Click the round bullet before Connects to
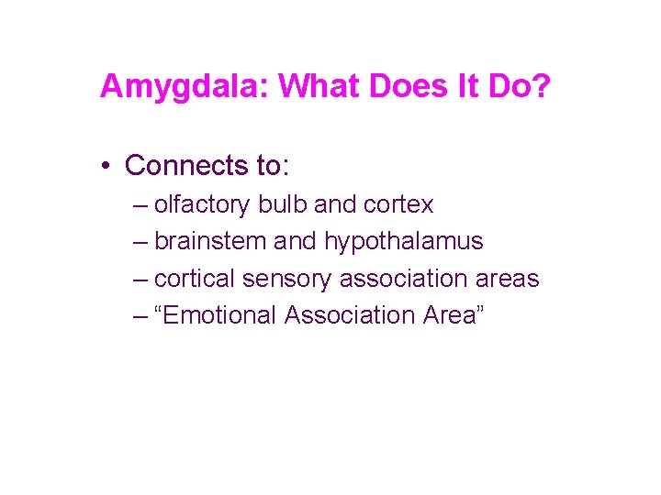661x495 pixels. (107, 166)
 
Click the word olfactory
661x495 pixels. (202, 204)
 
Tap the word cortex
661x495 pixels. (398, 204)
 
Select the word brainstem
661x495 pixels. (212, 241)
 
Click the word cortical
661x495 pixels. (196, 278)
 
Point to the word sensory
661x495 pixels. (287, 279)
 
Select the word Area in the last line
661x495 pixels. (454, 315)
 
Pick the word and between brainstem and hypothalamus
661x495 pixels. (296, 241)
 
